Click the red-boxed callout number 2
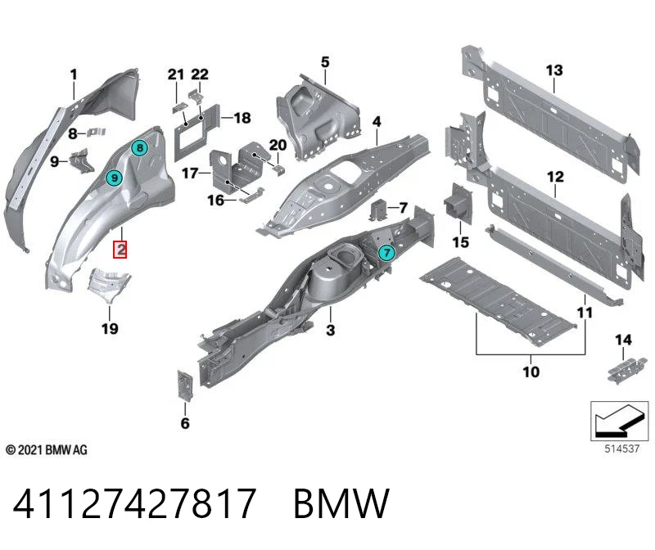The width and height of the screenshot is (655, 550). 120,250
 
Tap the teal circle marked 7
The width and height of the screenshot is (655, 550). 386,252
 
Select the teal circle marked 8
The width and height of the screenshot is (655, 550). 139,147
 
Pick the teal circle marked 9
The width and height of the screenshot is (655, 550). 114,178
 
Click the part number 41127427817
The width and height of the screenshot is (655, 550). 134,503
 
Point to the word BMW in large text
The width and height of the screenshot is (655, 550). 341,503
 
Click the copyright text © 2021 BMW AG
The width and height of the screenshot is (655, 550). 47,450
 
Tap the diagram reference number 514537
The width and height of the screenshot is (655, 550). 622,449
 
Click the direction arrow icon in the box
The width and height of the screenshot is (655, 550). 620,421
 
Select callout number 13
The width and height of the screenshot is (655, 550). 554,70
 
